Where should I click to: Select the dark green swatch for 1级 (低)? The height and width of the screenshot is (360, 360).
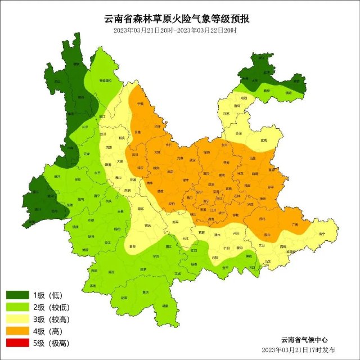[17, 295]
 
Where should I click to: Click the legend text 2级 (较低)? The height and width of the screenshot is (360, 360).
[49, 307]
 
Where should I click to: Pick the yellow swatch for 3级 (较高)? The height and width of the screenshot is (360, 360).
[17, 319]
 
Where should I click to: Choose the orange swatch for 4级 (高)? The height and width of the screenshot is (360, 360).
[17, 331]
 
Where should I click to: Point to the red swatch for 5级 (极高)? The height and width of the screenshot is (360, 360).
[17, 343]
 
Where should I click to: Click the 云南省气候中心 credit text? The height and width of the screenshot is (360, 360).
[304, 340]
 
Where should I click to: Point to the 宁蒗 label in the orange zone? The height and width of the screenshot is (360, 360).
[141, 104]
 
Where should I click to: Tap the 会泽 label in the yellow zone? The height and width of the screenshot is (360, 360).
[238, 133]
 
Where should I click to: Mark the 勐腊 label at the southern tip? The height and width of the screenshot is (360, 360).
[164, 306]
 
